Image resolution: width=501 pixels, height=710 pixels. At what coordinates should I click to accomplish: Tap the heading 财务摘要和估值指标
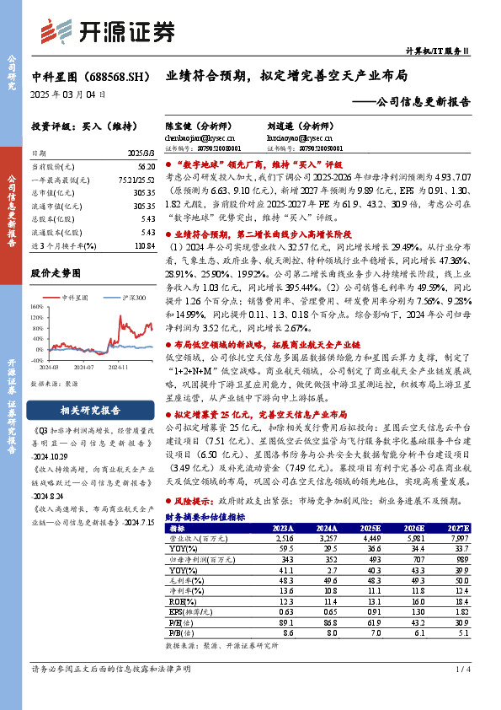205,492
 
